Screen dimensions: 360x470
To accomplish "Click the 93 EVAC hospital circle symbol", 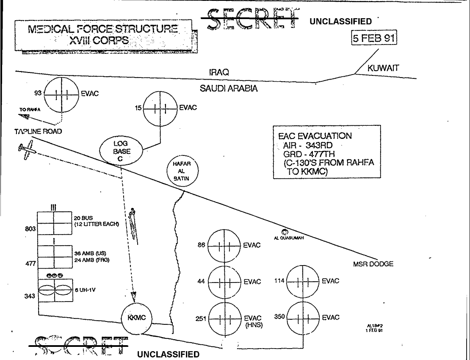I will click(61, 94).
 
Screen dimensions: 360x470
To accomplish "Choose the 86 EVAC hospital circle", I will click(224, 245).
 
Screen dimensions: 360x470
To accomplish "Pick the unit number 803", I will click(29, 229).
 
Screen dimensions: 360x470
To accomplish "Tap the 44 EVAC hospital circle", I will click(224, 282).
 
